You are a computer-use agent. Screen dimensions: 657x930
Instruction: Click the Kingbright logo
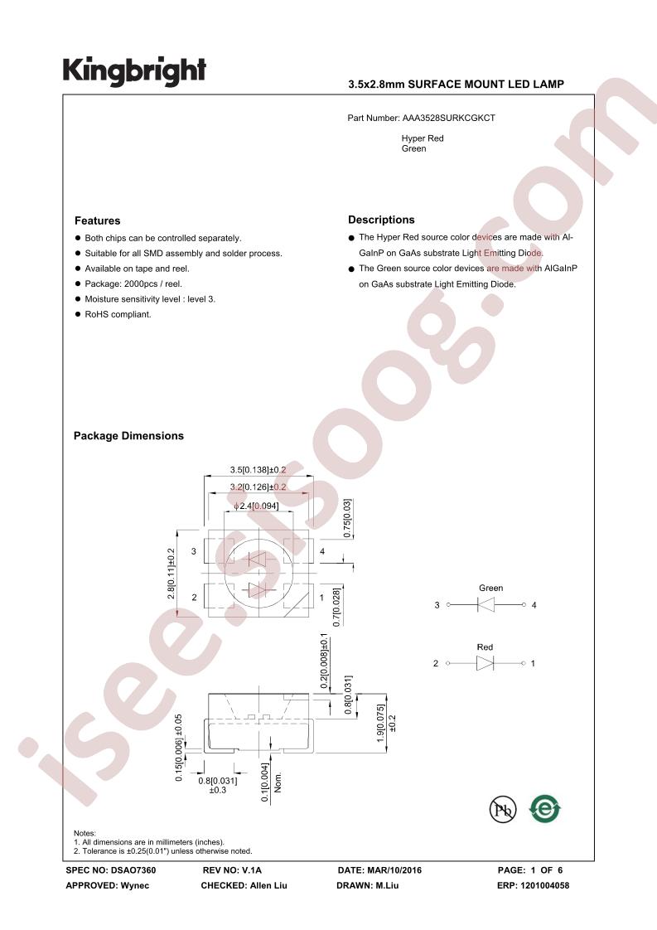pyautogui.click(x=134, y=71)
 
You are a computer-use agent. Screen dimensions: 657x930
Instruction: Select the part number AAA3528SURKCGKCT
pyautogui.click(x=449, y=118)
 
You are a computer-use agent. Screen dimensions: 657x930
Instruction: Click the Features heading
pyautogui.click(x=97, y=220)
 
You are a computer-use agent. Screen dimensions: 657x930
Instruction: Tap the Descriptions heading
pyautogui.click(x=381, y=220)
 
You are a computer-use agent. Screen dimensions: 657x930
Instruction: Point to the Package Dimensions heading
pyautogui.click(x=128, y=436)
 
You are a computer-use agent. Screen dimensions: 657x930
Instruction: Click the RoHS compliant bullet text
pyautogui.click(x=118, y=314)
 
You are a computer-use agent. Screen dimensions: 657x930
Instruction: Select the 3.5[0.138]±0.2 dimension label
pyautogui.click(x=258, y=470)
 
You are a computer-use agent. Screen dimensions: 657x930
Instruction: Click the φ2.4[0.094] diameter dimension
pyautogui.click(x=256, y=506)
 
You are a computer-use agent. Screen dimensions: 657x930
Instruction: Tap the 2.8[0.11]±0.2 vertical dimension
pyautogui.click(x=171, y=574)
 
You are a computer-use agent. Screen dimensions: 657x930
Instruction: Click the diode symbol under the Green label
pyautogui.click(x=486, y=605)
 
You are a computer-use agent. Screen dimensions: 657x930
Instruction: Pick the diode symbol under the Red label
pyautogui.click(x=485, y=663)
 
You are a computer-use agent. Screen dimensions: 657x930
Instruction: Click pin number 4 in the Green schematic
pyautogui.click(x=534, y=605)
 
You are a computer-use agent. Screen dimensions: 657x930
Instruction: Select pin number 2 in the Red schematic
pyautogui.click(x=436, y=663)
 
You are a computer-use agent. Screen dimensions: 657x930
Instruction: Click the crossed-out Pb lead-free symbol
pyautogui.click(x=503, y=809)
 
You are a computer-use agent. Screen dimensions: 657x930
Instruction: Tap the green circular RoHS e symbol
pyautogui.click(x=545, y=808)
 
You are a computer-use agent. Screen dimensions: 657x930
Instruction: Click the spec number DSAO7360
pyautogui.click(x=133, y=870)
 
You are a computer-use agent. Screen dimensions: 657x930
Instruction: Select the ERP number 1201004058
pyautogui.click(x=545, y=885)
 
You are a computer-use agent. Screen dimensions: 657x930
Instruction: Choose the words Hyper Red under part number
pyautogui.click(x=423, y=138)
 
